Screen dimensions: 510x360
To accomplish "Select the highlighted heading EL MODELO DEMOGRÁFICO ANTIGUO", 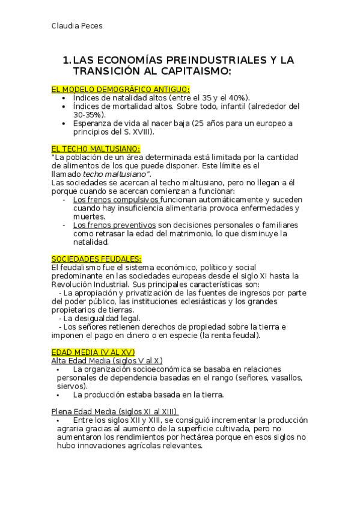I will click(121, 89).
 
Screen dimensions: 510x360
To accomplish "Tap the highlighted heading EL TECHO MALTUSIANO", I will click(96, 148).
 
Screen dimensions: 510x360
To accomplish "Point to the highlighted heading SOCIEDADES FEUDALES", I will click(97, 259).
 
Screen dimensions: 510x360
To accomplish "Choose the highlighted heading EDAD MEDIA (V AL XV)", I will click(93, 351).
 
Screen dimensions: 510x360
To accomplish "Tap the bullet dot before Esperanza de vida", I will click(64, 123).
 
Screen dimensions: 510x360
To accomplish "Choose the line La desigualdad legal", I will click(102, 318).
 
